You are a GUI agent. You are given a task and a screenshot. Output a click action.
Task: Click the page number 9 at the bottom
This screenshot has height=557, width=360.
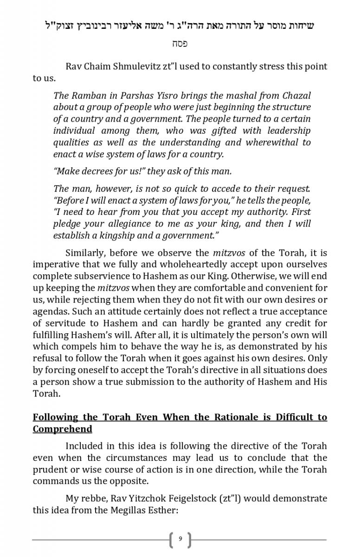[x=180, y=539]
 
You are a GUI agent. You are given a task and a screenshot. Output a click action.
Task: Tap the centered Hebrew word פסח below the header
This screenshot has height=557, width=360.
[x=180, y=44]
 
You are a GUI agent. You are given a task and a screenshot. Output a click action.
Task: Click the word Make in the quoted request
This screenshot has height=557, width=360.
[x=67, y=171]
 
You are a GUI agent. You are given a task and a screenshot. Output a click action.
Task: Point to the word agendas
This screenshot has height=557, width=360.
[x=51, y=311]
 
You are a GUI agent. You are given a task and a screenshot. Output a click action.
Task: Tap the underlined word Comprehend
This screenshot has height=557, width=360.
[x=62, y=428]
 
